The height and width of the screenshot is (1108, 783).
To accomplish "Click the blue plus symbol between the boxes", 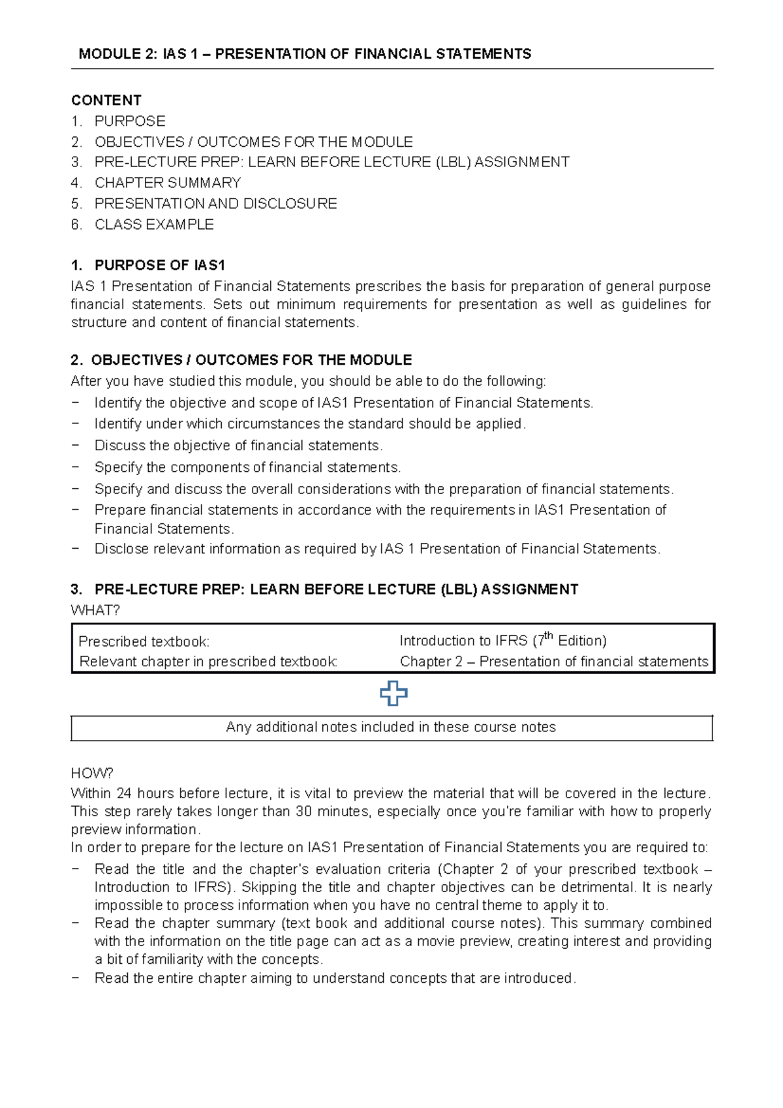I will click(393, 693).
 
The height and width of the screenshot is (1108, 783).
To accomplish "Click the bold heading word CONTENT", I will click(106, 100).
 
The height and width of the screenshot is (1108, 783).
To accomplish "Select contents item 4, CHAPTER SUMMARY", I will click(167, 183).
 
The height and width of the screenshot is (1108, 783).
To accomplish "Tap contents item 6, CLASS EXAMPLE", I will click(154, 224).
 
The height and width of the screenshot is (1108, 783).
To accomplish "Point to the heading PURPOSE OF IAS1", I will click(159, 266).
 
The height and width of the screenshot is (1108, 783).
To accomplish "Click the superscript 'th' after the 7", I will click(549, 636).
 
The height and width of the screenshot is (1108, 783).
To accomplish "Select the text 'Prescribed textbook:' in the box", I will click(144, 641).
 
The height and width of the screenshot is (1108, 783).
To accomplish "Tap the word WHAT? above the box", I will click(95, 610).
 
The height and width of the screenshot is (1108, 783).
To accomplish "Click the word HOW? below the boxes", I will click(92, 773).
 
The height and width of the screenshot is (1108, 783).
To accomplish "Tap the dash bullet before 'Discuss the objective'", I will click(76, 446).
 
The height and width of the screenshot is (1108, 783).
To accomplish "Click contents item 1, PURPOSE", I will click(130, 121).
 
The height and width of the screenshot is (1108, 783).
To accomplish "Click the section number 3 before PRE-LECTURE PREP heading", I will click(76, 590).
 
